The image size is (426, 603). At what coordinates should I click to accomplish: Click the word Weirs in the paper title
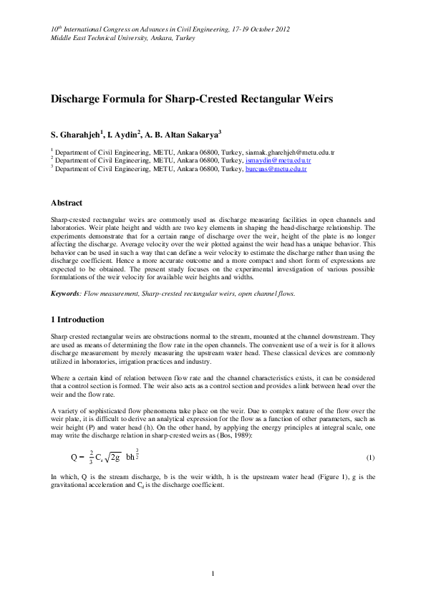pyautogui.click(x=316, y=99)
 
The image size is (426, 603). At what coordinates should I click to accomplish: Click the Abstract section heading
pyautogui.click(x=66, y=203)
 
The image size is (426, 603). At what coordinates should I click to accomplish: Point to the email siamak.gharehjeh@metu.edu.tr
pyautogui.click(x=290, y=153)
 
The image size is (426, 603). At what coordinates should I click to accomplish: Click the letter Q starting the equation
pyautogui.click(x=74, y=437)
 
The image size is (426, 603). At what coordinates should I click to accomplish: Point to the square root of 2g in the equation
pyautogui.click(x=110, y=437)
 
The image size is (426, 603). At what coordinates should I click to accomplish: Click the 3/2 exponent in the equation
pyautogui.click(x=137, y=432)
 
